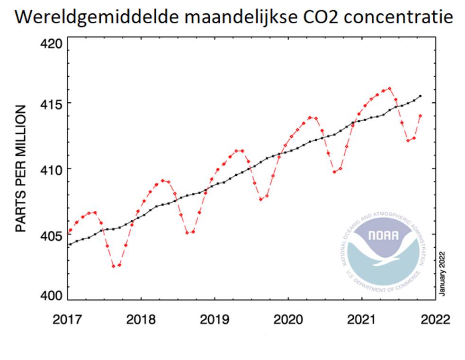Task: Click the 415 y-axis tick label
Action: [48, 103]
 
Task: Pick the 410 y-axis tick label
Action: [48, 169]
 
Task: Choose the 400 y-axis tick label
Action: [48, 295]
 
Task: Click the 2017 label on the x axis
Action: [67, 318]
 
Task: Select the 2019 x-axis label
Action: [215, 318]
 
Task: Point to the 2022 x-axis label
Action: [435, 318]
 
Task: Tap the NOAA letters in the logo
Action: [384, 235]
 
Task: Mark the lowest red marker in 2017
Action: [114, 266]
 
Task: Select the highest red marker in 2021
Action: [390, 88]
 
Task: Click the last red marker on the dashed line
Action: [420, 116]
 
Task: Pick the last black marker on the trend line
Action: [420, 96]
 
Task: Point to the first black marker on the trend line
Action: [70, 244]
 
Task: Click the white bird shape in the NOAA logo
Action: [384, 250]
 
